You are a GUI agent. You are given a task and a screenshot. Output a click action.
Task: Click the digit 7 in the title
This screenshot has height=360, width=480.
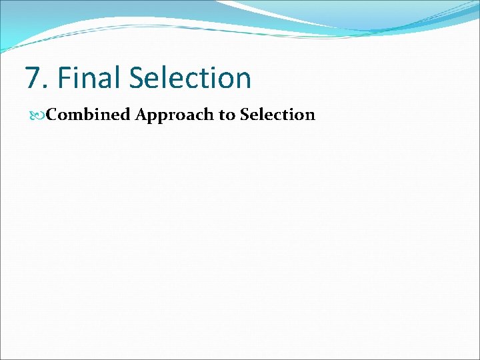(x=33, y=78)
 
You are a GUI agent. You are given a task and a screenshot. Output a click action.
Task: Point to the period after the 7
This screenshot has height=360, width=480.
(x=45, y=87)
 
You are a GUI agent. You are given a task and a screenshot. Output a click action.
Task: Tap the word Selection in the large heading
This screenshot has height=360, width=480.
(x=190, y=78)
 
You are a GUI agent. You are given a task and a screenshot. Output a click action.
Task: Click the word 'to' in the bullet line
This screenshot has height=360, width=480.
(x=227, y=115)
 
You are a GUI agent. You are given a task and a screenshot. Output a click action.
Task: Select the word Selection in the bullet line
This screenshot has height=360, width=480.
(x=277, y=115)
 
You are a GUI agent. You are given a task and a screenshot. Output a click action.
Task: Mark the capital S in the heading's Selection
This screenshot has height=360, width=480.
(x=137, y=78)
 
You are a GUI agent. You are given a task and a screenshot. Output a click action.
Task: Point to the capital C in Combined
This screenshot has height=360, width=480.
(x=52, y=115)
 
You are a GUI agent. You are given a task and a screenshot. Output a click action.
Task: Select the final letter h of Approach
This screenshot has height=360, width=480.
(x=209, y=115)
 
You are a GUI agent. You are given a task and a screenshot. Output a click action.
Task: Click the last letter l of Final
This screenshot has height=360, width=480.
(x=119, y=78)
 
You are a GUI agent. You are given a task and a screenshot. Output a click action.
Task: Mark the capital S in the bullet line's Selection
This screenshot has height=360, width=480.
(x=245, y=115)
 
